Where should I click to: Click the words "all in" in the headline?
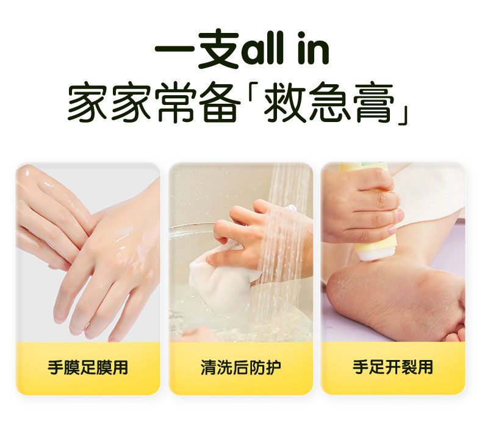point(286,49)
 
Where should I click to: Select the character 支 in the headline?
point(219,49)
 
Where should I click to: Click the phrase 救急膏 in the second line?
point(329,103)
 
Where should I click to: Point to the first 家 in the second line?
point(87,103)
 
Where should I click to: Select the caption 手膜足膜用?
point(88,367)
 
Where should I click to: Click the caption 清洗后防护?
point(240,367)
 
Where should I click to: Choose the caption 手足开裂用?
point(393,367)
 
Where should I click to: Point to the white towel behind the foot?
point(430,190)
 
